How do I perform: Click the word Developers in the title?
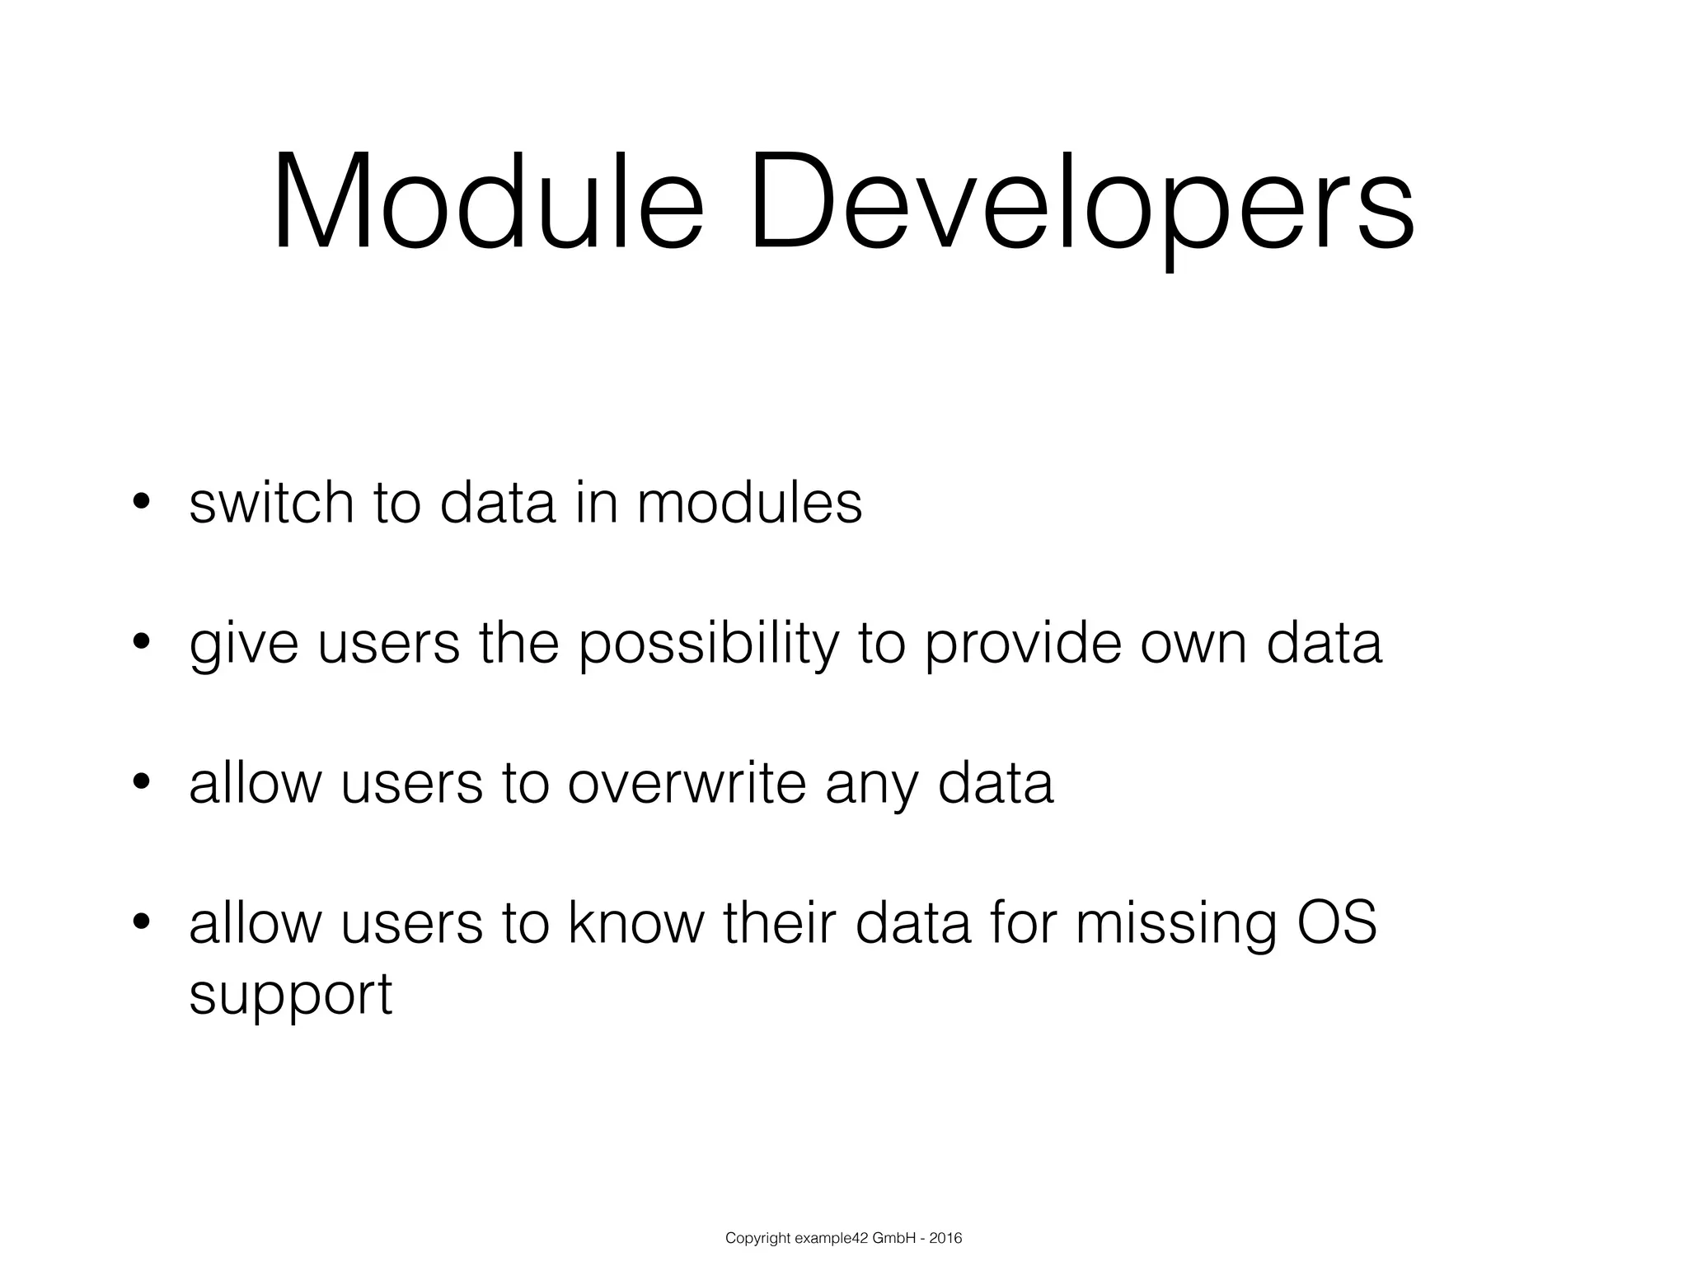tap(1081, 203)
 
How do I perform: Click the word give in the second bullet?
tap(243, 645)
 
